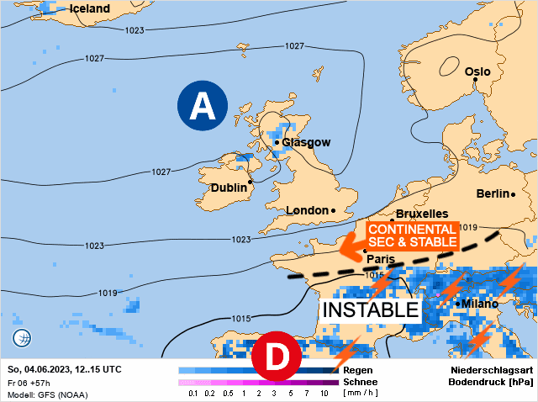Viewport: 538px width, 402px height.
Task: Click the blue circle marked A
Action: pos(202,106)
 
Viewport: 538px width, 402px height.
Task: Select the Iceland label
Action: pos(89,8)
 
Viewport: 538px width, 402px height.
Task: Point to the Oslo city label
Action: pos(477,71)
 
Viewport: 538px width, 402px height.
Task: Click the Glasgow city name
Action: pos(306,142)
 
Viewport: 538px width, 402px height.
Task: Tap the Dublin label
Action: pos(228,188)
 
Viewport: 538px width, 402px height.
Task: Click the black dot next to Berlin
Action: pos(513,194)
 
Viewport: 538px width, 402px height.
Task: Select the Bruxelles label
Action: pos(421,214)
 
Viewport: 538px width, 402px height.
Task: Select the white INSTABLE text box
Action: pos(372,309)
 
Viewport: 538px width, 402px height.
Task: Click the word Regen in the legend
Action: pos(359,369)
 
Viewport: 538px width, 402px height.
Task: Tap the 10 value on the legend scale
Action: pos(324,394)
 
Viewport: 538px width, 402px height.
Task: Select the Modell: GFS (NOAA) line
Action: pos(47,394)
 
